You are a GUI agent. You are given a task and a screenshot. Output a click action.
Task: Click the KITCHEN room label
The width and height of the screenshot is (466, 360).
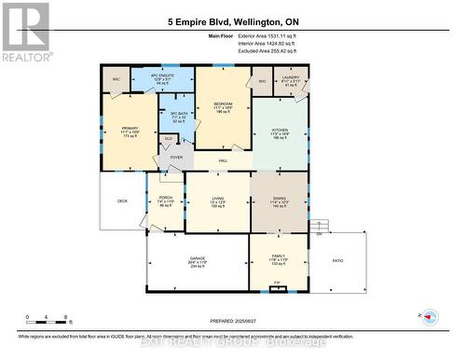[280, 129]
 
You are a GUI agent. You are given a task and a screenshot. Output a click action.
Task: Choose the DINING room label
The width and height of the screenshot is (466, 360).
[280, 199]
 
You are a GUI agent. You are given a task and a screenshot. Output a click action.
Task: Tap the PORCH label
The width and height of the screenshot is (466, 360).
[166, 198]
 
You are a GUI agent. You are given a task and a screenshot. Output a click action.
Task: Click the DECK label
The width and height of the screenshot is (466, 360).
[122, 201]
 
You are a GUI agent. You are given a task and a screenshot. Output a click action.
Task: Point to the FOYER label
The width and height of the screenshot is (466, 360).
[175, 159]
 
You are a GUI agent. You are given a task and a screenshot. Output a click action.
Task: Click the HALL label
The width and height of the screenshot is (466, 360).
[224, 161]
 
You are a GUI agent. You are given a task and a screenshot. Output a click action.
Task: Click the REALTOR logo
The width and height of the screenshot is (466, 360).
[26, 32]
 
